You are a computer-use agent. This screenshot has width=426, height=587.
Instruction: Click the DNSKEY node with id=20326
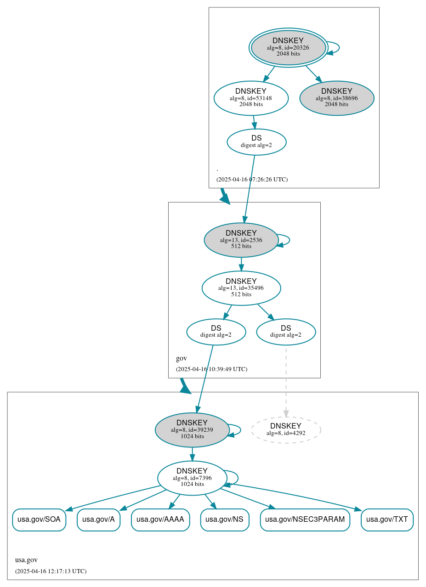pos(288,47)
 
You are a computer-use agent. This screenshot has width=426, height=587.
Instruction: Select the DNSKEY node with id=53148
pos(251,98)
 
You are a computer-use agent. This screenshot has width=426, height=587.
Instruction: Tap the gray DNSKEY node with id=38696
pos(336,98)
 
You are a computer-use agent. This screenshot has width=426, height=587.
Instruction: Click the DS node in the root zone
pos(256,142)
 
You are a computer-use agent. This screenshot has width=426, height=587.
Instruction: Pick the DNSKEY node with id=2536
pos(241,240)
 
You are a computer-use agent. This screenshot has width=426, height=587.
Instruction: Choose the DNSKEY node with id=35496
pos(241,288)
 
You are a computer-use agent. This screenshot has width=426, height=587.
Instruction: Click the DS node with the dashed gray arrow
pos(285,332)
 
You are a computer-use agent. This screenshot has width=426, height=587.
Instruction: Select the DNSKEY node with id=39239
pos(192,430)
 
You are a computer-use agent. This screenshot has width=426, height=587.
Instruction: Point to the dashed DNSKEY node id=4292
pos(285,430)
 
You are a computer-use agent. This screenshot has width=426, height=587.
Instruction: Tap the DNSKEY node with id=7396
pos(192,478)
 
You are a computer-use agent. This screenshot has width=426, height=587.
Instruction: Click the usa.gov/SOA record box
pos(39,519)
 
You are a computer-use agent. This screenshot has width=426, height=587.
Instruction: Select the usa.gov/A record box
pos(98,519)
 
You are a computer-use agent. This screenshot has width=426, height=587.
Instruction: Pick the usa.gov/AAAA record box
pos(160,519)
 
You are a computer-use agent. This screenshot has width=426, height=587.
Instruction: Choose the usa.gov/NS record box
pos(225,519)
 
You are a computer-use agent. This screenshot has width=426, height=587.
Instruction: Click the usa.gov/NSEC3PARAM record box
pos(305,519)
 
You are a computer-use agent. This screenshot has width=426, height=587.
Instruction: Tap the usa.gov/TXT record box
pos(387,519)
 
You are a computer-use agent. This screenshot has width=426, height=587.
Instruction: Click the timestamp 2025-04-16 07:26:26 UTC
pos(252,179)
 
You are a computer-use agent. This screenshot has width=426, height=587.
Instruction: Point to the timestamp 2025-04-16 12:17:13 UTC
pos(51,571)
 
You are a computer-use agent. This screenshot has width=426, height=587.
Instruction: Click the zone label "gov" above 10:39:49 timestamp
pos(181,358)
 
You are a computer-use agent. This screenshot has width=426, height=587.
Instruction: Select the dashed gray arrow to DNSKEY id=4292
pos(286,381)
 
